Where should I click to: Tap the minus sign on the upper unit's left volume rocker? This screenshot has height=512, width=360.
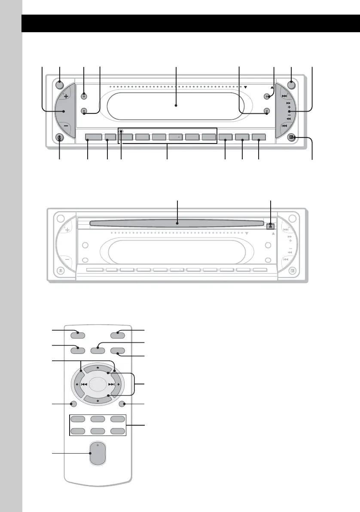66,126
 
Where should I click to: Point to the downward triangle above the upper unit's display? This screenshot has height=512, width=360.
246,87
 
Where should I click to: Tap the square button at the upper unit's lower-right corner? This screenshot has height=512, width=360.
292,138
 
